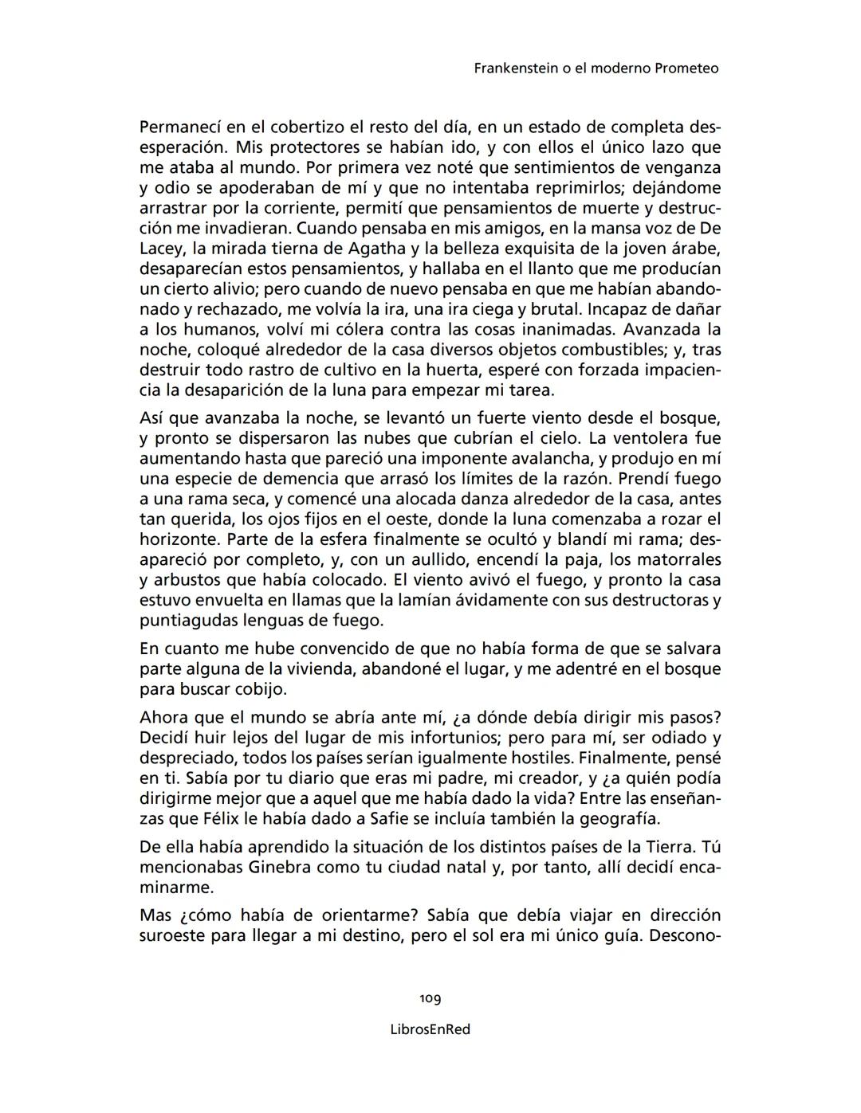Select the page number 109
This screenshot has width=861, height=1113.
(431, 998)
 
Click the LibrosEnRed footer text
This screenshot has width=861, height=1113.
(431, 1029)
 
